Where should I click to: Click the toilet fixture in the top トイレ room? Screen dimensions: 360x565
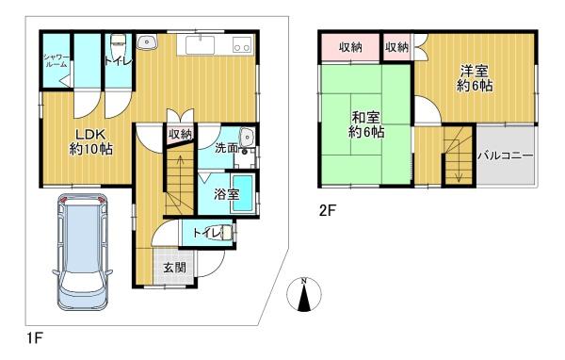(x=118, y=43)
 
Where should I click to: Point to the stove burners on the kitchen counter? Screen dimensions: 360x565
(x=241, y=45)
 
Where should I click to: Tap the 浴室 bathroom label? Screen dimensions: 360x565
(x=225, y=194)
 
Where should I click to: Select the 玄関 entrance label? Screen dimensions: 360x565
(x=174, y=268)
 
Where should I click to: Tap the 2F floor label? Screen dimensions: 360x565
(x=327, y=212)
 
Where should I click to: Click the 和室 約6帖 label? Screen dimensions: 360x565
(x=366, y=125)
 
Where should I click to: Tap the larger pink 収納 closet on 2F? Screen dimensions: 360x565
(x=350, y=47)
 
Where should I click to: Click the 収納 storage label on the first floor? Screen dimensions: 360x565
(x=180, y=134)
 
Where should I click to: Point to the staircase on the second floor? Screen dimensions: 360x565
(x=459, y=155)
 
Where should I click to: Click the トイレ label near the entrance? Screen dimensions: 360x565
(x=206, y=233)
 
